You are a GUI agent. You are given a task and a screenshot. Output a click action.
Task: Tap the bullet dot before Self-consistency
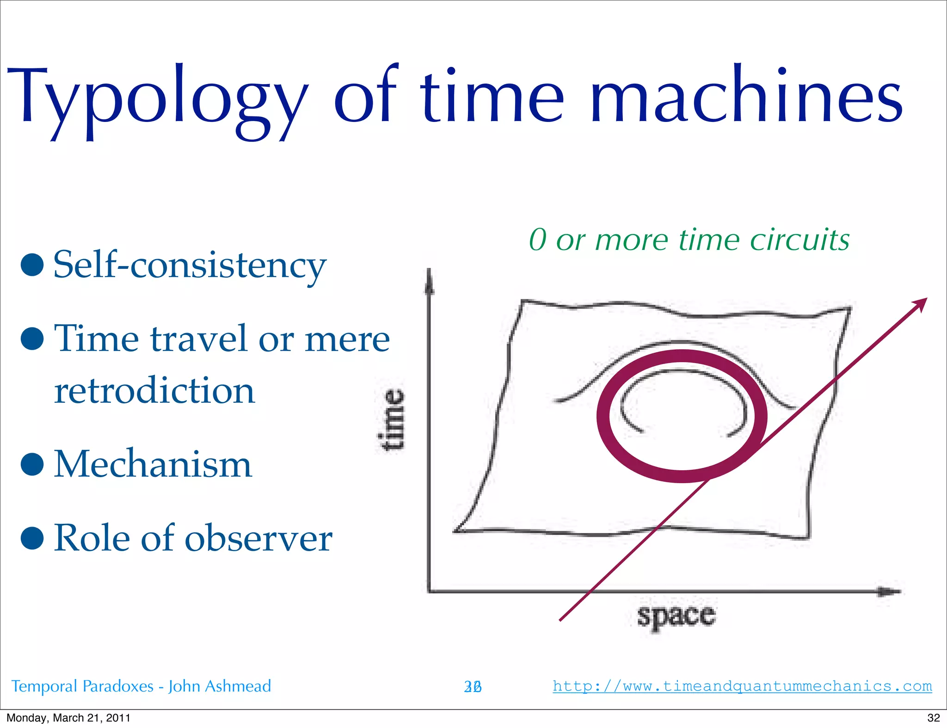coord(32,265)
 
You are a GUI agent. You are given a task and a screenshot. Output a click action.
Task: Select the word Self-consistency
coord(190,265)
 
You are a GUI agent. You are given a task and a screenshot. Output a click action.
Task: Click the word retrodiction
coord(154,390)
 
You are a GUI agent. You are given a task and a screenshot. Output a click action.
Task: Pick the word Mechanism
coord(153,464)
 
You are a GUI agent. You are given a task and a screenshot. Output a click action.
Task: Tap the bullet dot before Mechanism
coord(32,464)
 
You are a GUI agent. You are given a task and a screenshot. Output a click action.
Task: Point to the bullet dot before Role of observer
coord(32,538)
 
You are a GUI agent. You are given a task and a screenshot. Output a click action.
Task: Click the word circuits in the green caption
coord(799,240)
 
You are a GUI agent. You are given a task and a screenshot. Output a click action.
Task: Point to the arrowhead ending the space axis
coord(890,591)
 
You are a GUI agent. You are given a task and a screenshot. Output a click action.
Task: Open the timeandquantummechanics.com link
coord(742,686)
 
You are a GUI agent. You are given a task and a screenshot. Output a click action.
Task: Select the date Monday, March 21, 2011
coord(68,718)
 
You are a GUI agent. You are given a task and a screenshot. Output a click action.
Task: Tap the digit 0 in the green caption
coord(538,240)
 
